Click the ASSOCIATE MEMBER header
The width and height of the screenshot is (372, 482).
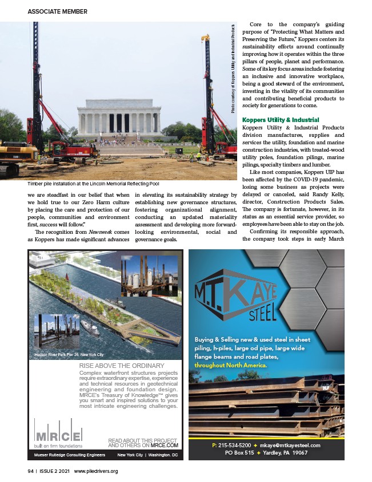(57, 11)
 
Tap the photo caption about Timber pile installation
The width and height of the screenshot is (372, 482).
(93, 184)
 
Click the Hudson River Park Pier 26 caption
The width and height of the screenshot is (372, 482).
(69, 354)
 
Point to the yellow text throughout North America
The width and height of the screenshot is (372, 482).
(231, 365)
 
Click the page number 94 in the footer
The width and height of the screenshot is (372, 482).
(30, 471)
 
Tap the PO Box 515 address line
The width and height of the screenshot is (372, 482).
(246, 453)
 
